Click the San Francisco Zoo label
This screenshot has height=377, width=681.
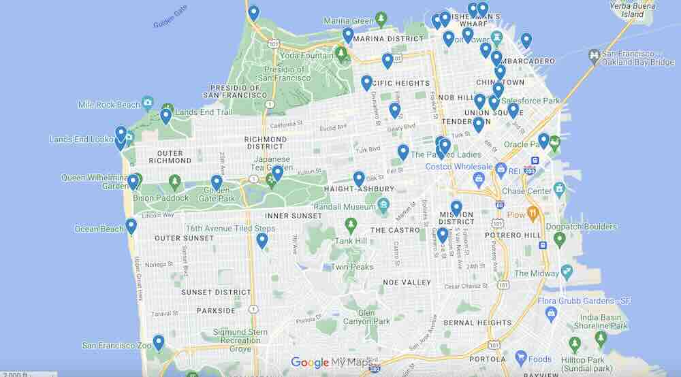tap(116, 345)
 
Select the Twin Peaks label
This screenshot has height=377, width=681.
tap(352, 267)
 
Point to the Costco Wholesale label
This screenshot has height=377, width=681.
tap(458, 167)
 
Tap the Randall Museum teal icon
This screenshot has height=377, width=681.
tap(383, 204)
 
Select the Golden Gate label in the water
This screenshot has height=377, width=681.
tap(170, 17)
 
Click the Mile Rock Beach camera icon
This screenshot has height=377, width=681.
tap(147, 103)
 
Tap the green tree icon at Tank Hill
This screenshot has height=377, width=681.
tap(351, 224)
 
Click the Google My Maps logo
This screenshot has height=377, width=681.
tap(334, 363)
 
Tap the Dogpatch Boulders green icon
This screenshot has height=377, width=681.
tap(559, 239)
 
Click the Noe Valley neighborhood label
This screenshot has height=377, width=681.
tap(407, 282)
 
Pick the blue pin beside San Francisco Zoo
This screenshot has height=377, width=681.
tap(159, 342)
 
